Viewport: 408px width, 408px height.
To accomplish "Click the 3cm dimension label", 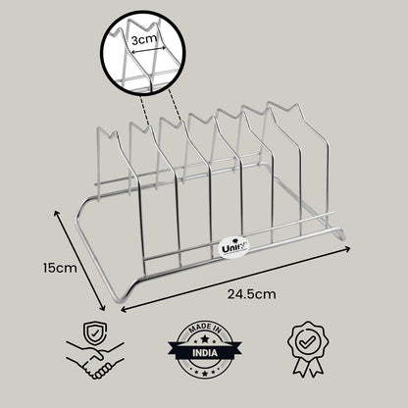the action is click(144, 39).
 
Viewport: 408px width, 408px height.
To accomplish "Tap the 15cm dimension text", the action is click(60, 268).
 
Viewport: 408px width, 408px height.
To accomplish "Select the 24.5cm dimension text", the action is click(252, 294).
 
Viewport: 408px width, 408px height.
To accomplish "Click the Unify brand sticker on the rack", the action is click(234, 247).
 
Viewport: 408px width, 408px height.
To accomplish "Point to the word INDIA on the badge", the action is click(205, 353).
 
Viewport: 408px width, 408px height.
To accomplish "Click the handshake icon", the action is click(95, 360).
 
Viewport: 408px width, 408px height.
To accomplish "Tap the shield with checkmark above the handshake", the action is click(95, 333).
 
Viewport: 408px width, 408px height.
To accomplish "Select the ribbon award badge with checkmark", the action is click(308, 348).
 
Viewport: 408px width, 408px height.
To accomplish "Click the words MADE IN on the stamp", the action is click(205, 330).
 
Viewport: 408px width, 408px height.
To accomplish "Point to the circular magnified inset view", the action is click(144, 53).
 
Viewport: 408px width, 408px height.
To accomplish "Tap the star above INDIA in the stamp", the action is click(205, 339).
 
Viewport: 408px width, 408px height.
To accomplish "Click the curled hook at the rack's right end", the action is click(339, 234).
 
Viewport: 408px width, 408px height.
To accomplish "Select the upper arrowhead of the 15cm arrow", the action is click(57, 214).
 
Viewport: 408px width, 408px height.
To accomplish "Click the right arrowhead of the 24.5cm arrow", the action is click(347, 249).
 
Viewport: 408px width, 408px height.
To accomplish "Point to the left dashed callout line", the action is click(145, 109).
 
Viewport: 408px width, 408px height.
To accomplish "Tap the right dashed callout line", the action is click(175, 105).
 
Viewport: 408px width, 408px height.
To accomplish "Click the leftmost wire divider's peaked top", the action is click(108, 133).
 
